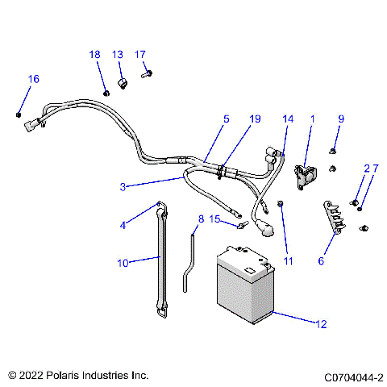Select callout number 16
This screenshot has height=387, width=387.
point(33,79)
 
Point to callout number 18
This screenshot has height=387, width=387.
point(95,54)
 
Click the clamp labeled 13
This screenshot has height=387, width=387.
point(124,83)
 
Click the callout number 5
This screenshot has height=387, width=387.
point(226,119)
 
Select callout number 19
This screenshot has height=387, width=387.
point(255,119)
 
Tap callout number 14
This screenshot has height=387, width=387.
point(288,119)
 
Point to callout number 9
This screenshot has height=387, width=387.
point(340,119)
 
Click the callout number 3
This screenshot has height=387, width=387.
point(123,187)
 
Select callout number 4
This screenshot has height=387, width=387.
point(123,226)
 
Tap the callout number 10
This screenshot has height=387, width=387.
point(122,261)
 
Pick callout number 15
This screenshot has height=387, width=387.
point(215,218)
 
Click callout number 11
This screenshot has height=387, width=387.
point(289,261)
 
